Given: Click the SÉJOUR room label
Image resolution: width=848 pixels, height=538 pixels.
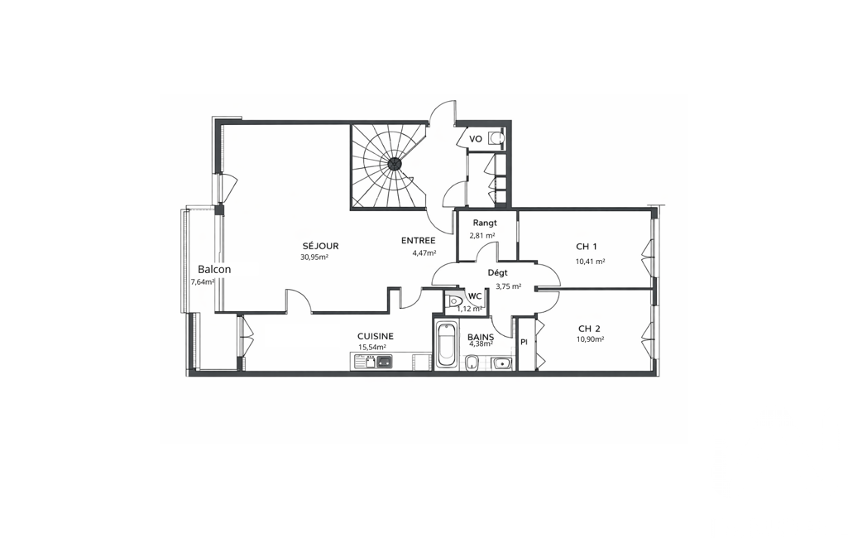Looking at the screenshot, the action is (x=320, y=247).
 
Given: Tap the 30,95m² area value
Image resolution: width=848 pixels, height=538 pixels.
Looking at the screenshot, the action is (x=314, y=257).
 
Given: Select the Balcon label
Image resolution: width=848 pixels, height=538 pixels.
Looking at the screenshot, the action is (x=214, y=269).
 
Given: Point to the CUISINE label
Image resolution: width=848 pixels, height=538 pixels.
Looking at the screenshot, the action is (x=376, y=336).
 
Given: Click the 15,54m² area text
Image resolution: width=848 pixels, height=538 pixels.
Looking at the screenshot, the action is (x=372, y=348).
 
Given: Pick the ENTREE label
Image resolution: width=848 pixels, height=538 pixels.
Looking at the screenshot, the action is (x=418, y=241).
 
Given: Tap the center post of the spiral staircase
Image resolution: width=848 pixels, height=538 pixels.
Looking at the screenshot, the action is (x=395, y=162).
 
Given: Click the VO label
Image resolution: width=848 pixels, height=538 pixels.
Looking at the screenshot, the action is (x=476, y=139).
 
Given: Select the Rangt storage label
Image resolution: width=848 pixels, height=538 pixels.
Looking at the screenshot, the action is (x=485, y=223).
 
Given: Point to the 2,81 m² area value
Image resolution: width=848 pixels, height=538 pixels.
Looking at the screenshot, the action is (x=482, y=235).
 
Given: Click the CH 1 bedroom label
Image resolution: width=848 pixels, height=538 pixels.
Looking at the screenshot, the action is (x=587, y=247).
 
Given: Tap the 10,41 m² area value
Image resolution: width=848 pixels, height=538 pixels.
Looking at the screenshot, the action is (x=590, y=262).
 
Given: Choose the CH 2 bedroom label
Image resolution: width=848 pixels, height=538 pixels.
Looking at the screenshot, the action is (x=589, y=329).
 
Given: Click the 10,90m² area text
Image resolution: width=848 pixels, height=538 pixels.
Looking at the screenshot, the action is (x=590, y=339).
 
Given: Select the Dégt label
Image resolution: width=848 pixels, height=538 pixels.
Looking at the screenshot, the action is (x=497, y=273).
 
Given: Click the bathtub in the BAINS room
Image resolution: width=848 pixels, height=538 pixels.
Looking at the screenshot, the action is (x=446, y=345).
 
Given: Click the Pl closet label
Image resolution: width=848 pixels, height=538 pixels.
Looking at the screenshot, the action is (x=524, y=342).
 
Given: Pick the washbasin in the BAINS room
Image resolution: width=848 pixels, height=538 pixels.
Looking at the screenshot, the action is (x=501, y=363).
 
